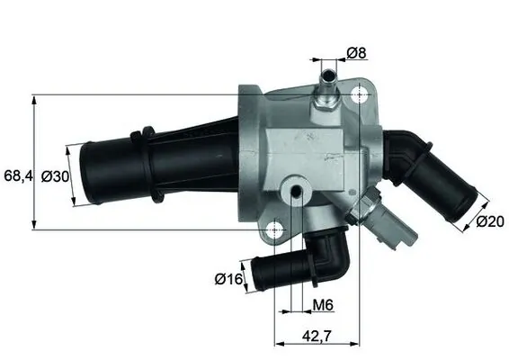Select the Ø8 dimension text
(x=356, y=53)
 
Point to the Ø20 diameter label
(x=490, y=220)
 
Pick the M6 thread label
(x=322, y=306)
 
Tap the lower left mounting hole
(x=278, y=229)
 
